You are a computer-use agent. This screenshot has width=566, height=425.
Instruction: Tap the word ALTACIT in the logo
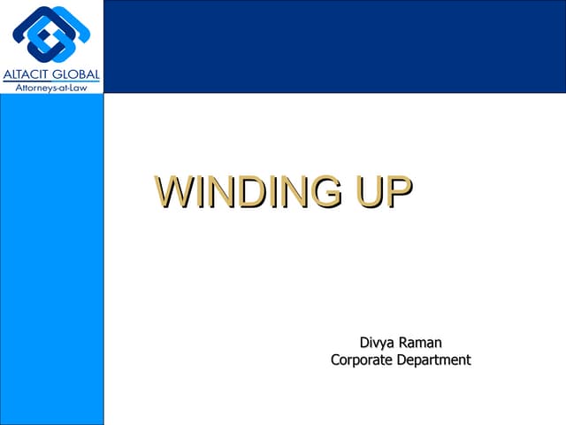pos(28,74)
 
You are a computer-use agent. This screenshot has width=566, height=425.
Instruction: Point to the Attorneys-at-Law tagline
pos(51,88)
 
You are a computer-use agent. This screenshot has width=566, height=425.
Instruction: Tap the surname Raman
pos(421,343)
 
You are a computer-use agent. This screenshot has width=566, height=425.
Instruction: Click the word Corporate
pos(363,359)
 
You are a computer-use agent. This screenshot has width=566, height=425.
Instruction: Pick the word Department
pos(435,359)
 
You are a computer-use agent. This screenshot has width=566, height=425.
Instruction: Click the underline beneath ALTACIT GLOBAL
pos(51,82)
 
